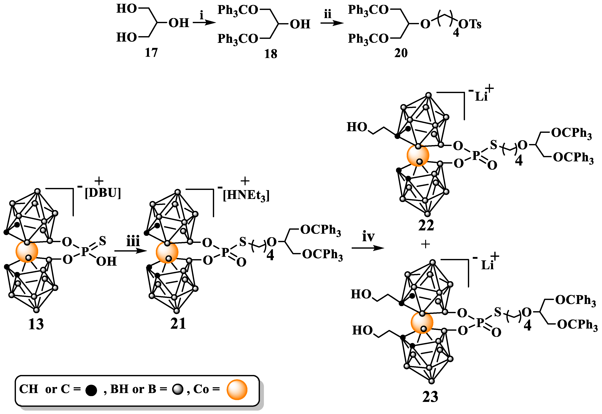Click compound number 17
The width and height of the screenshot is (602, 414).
(151, 53)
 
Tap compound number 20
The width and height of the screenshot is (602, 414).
(401, 53)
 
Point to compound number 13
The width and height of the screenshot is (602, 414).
(36, 324)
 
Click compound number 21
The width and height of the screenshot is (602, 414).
(178, 323)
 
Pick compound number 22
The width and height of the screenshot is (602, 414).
(426, 225)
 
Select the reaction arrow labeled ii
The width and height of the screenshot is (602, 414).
(332, 23)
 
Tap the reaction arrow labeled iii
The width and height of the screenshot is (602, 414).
(131, 251)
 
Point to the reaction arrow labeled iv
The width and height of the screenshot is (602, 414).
(368, 248)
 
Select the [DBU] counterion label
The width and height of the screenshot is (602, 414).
(103, 193)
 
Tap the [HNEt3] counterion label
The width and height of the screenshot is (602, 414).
(246, 195)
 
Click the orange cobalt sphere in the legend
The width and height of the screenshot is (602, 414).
(237, 389)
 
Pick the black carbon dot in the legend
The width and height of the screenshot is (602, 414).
(91, 390)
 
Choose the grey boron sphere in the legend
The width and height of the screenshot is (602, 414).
(178, 390)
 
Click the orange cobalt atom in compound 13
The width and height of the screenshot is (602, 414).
(27, 252)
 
